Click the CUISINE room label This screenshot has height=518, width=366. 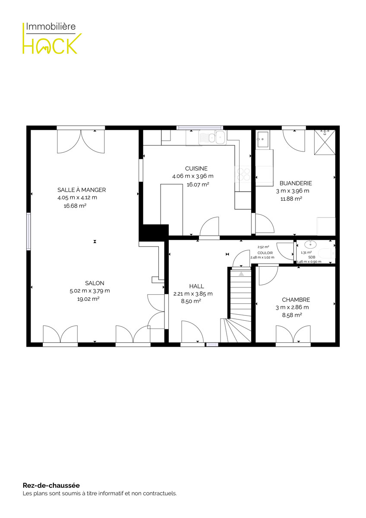coord(196,168)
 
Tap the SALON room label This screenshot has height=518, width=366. coord(95,283)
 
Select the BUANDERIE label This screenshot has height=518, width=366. coord(296,183)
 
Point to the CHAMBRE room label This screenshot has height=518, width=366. coord(296,300)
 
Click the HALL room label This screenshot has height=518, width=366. coord(196,286)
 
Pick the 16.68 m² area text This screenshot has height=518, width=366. coord(75,205)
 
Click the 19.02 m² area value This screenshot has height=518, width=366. coord(88,299)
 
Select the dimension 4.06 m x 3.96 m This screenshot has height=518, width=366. coord(192,176)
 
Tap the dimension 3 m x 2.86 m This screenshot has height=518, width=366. coord(292,307)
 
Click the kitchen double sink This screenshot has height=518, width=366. coord(212,137)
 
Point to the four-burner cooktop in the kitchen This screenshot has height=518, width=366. coord(243,174)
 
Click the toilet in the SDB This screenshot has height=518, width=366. coord(326,253)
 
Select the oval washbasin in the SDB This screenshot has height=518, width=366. coord(310,244)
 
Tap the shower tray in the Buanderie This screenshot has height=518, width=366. coord(325,142)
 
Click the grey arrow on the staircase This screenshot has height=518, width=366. coord(241,274)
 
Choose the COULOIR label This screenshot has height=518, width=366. coord(265,253)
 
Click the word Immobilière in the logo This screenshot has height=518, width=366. coord(50,26)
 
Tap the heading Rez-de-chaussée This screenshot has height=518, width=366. coord(51,485)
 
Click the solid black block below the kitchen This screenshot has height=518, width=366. coord(154,232)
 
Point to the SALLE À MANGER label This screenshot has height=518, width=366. coord(82,190)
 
